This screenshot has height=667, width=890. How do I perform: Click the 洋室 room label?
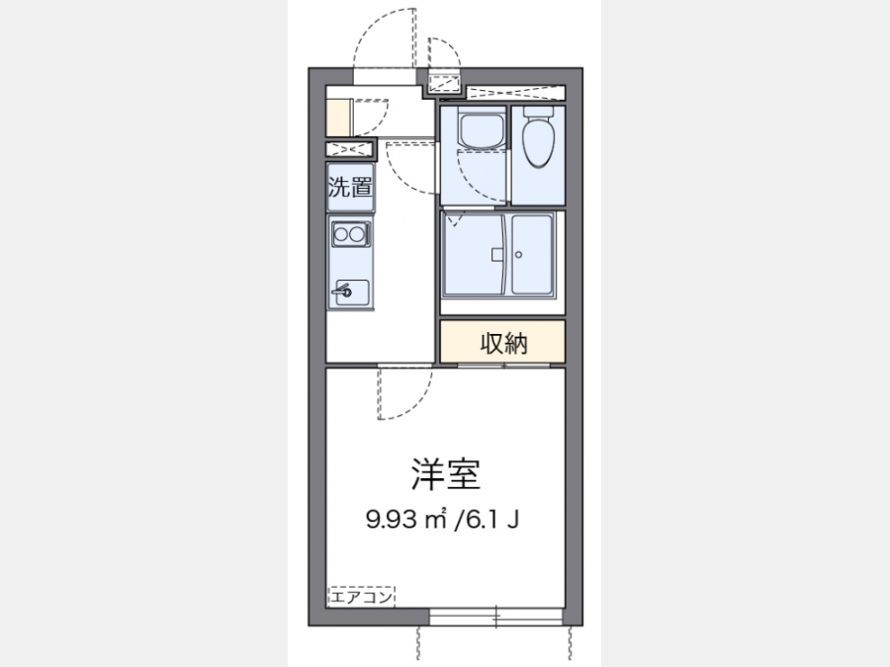tap(446, 474)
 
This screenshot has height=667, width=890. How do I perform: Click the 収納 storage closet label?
tap(503, 343)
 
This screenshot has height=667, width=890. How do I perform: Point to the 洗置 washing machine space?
tap(350, 187)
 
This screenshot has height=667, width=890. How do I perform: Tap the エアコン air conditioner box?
tap(361, 597)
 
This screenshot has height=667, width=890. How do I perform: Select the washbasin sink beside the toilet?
tap(482, 129)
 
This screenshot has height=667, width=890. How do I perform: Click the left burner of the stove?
tap(341, 233)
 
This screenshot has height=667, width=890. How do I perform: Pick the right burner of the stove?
tap(356, 233)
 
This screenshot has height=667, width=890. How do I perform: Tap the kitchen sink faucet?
tap(342, 291)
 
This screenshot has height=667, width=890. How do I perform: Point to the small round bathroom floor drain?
tap(519, 255)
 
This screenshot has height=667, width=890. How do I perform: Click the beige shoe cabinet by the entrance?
tap(339, 118)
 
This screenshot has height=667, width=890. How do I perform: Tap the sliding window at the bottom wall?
tap(496, 617)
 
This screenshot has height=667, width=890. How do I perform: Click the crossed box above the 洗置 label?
tap(350, 150)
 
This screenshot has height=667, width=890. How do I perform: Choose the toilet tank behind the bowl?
tap(538, 112)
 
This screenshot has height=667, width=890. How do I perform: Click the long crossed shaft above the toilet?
tap(515, 93)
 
